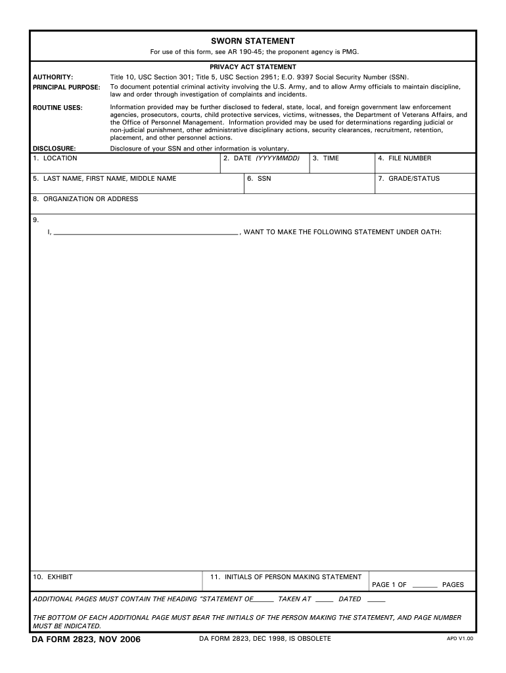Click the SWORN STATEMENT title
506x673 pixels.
[x=252, y=41]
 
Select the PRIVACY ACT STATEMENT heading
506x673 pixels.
[x=252, y=67]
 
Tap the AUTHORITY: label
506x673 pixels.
[x=53, y=77]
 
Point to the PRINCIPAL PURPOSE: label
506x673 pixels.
[x=66, y=87]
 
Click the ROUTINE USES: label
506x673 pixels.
[x=58, y=107]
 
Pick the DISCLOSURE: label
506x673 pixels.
[x=54, y=149]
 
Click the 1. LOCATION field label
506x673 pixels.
[x=55, y=158]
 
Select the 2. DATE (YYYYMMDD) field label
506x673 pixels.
[x=262, y=158]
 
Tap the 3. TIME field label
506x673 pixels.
[x=326, y=158]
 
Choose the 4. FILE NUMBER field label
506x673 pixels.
[x=405, y=158]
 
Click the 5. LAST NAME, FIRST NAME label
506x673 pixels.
[x=104, y=179]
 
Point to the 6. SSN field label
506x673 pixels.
[x=260, y=179]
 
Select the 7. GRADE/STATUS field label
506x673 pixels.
[x=409, y=179]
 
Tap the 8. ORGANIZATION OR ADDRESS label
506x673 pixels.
[x=85, y=199]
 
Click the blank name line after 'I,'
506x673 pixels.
[x=145, y=232]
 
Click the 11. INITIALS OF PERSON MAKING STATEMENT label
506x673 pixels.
[x=286, y=577]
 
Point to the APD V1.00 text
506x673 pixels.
[x=460, y=639]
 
